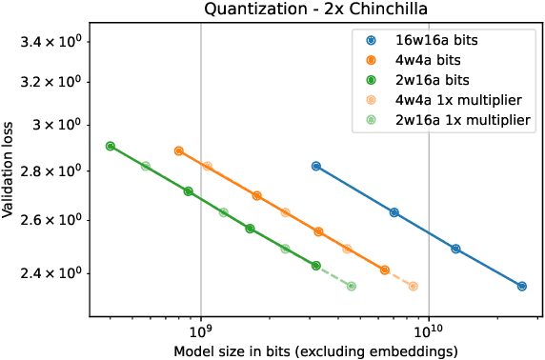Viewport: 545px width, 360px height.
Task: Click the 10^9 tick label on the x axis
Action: coord(200,332)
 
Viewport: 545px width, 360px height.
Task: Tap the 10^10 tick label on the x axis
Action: coord(429,332)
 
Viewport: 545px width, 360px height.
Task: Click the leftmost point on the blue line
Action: coord(316,166)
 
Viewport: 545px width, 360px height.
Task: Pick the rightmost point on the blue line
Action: coord(522,286)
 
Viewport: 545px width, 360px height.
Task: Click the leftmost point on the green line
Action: coord(111,146)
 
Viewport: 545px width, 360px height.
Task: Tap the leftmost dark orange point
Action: coord(179,150)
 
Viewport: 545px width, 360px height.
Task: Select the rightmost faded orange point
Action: coord(413,286)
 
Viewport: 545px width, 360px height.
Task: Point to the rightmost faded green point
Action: coord(352,286)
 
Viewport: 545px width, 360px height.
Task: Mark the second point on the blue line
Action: coord(394,212)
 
